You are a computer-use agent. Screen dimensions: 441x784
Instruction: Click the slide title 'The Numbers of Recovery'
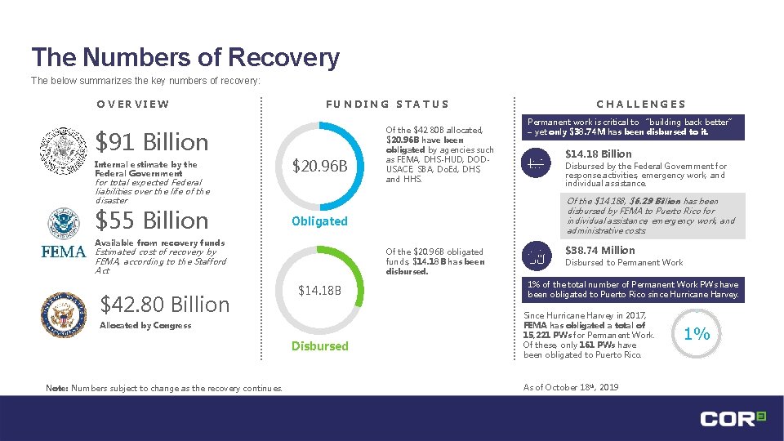(x=185, y=57)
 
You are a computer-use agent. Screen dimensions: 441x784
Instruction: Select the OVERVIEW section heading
(x=132, y=104)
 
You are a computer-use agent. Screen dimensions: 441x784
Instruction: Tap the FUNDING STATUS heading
(x=387, y=104)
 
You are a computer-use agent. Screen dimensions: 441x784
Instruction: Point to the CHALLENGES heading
(x=641, y=104)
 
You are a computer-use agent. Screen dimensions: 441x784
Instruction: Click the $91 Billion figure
(x=152, y=142)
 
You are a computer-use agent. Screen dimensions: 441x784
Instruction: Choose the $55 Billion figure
(x=152, y=220)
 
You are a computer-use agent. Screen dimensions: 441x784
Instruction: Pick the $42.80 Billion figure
(x=164, y=305)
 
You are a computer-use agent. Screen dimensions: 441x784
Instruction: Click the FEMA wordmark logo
(x=64, y=252)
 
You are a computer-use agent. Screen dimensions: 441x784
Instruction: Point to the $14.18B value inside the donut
(x=320, y=290)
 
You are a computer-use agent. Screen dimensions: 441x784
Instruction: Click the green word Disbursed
(x=320, y=346)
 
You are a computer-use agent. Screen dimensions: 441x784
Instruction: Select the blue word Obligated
(x=319, y=221)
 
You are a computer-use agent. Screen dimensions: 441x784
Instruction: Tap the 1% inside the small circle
(x=697, y=333)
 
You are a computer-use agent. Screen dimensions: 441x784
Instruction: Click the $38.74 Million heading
(x=600, y=250)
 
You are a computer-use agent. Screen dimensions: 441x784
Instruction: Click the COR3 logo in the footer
(x=733, y=418)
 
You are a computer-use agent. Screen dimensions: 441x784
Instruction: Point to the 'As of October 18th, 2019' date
(x=570, y=387)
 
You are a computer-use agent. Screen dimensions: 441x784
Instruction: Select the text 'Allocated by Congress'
(x=145, y=326)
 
